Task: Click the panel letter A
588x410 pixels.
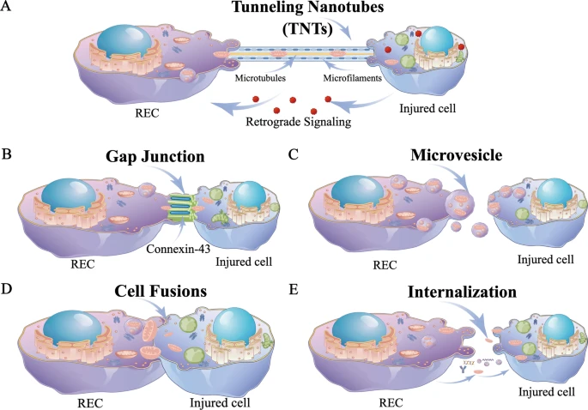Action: [9, 9]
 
